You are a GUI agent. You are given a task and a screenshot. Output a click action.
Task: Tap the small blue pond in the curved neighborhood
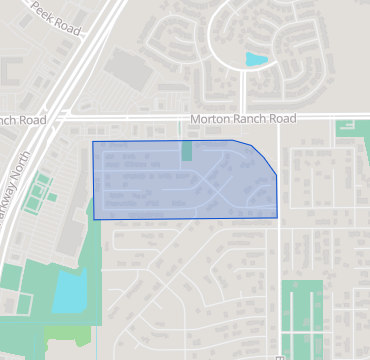[x=257, y=60]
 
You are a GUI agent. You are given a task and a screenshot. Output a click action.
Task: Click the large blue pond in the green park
[x=70, y=292]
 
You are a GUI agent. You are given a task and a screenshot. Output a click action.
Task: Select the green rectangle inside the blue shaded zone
[x=187, y=151]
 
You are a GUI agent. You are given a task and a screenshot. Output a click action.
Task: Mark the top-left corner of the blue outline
[x=93, y=142]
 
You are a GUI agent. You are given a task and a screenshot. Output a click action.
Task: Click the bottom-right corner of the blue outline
[x=277, y=217]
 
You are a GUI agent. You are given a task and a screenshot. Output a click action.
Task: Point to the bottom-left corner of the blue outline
[x=94, y=219]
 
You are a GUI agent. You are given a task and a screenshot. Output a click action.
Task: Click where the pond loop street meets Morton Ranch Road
[x=244, y=118]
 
